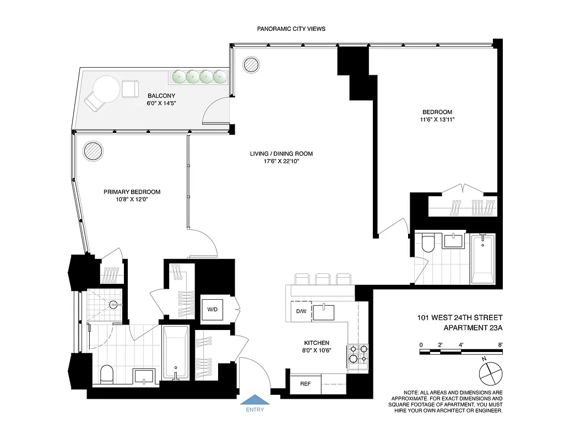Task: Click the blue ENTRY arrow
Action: [254, 399]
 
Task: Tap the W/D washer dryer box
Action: [213, 310]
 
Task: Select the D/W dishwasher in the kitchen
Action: [301, 312]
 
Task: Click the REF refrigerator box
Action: [305, 384]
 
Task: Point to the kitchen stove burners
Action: [358, 355]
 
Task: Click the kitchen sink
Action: [328, 312]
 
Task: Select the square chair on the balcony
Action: [131, 89]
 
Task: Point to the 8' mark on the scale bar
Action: [500, 345]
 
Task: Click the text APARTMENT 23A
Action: [474, 328]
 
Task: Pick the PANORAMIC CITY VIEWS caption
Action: [291, 29]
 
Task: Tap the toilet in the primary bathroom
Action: [107, 376]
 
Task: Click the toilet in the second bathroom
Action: [427, 243]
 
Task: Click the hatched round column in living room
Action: [251, 64]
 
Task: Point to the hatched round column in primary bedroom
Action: [92, 150]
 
